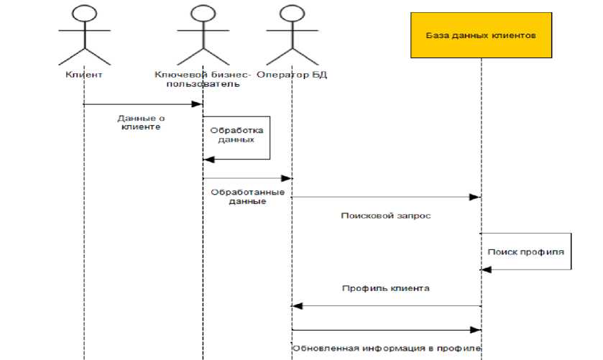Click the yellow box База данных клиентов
pos(482,34)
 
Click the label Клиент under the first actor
pos(84,74)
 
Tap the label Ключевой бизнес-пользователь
pos(203,79)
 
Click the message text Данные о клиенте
pos(141,121)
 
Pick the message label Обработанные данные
pos(248,197)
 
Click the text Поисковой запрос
pos(386,215)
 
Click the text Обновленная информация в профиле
pos(386,349)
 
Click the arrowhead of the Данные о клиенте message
pos(198,104)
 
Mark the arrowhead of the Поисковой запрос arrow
pos(475,196)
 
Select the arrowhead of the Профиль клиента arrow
pos(297,306)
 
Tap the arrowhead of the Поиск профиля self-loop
pos(486,269)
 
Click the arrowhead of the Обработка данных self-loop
pos(208,159)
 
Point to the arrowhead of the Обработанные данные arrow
pos(287,178)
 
